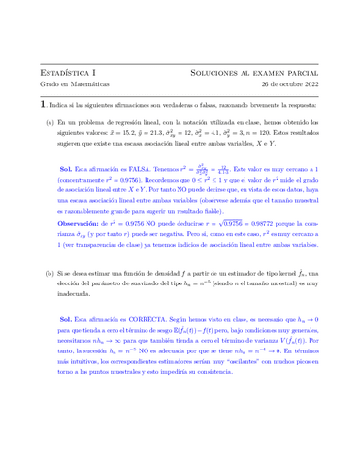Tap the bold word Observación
(x=82, y=250)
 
